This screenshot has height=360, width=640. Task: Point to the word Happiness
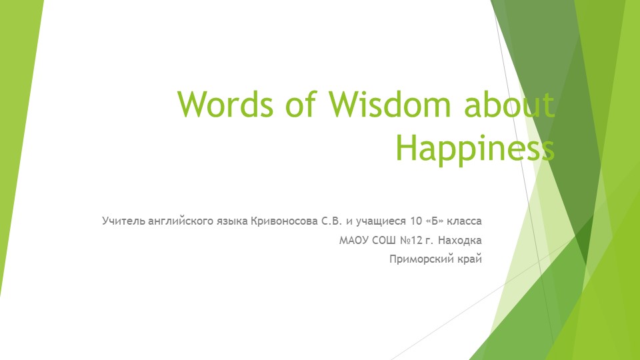click(475, 148)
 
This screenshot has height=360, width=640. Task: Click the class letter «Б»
click(424, 220)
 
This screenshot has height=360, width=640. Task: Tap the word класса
click(461, 220)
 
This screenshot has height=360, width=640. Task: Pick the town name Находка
click(461, 239)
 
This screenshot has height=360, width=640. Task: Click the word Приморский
click(419, 259)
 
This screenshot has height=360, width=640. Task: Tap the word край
click(467, 259)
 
